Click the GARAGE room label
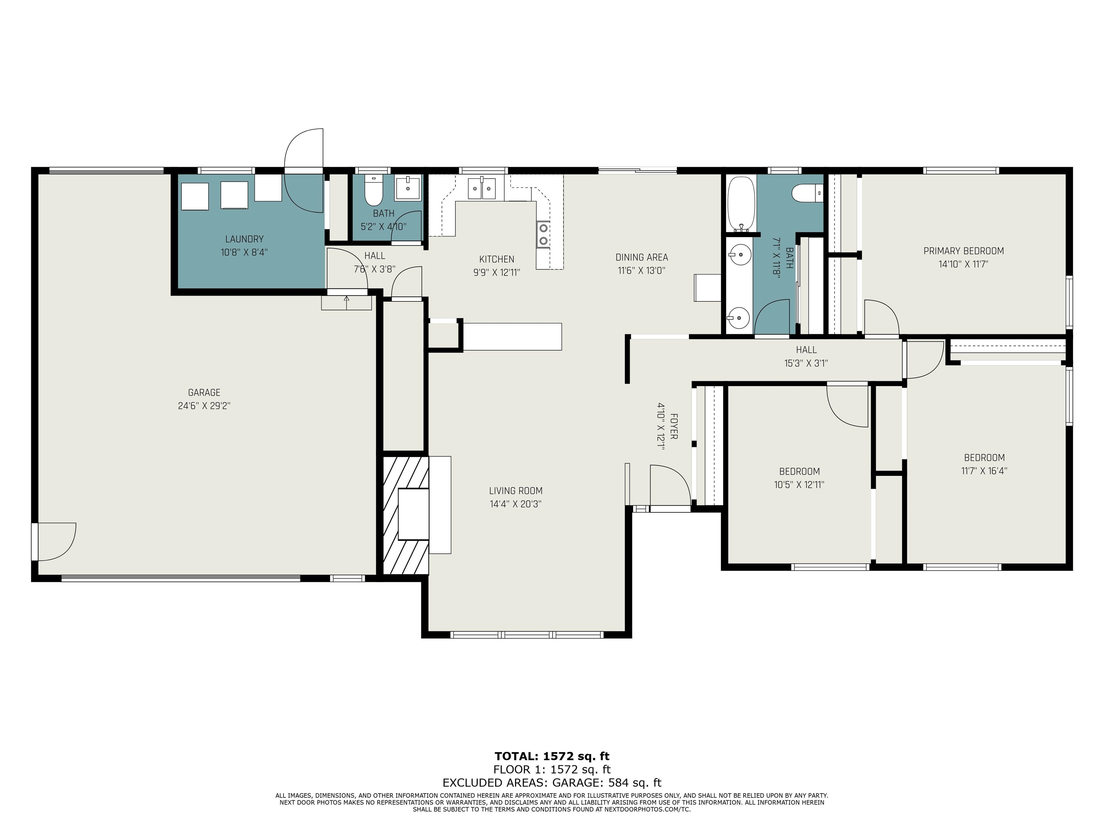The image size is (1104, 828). [204, 393]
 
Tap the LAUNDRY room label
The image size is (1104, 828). [244, 239]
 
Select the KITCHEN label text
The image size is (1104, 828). [497, 259]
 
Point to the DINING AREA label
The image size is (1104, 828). [641, 258]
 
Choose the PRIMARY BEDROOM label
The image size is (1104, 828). [963, 251]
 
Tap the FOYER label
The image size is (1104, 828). [673, 426]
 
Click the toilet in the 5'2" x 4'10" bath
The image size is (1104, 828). [373, 191]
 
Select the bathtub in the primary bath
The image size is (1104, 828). [741, 204]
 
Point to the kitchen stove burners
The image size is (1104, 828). [543, 235]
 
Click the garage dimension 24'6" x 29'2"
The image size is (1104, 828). [204, 406]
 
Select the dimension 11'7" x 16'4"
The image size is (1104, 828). [984, 471]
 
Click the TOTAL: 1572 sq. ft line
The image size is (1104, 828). [552, 756]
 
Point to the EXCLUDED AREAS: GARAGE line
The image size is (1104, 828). [552, 783]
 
